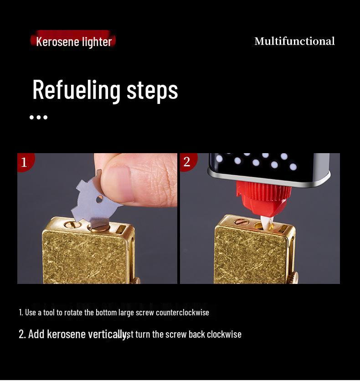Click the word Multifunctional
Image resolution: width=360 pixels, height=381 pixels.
click(294, 41)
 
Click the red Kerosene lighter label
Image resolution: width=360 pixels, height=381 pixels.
click(73, 41)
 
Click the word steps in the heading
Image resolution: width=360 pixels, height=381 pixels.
click(152, 90)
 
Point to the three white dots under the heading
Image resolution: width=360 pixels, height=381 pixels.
click(38, 117)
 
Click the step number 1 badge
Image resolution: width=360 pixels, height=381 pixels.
click(24, 162)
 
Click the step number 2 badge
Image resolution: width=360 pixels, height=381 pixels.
click(187, 161)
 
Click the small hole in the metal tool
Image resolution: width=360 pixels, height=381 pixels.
click(99, 199)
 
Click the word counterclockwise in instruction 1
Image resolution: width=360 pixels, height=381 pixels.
click(182, 312)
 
